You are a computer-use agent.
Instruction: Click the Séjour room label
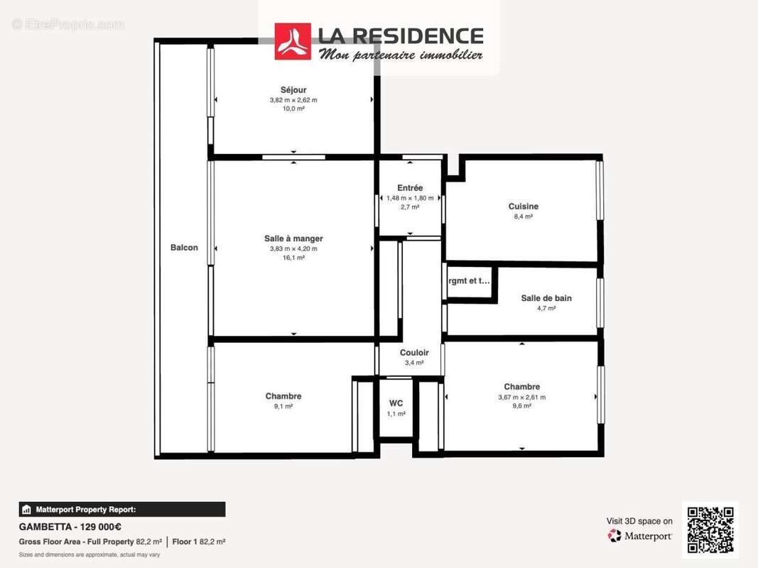(293, 90)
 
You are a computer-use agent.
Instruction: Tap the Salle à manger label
(293, 239)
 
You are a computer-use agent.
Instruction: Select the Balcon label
(184, 248)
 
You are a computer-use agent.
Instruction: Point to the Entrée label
(410, 188)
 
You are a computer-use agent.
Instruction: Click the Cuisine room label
(523, 207)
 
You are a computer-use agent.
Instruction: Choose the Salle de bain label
(546, 298)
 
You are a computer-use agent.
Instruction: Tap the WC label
(396, 403)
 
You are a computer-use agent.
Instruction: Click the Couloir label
(414, 353)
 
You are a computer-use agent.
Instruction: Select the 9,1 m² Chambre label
(283, 396)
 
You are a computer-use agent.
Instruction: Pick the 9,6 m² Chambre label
(521, 387)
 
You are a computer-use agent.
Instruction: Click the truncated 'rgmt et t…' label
(469, 280)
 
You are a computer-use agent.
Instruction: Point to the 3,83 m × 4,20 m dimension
(293, 248)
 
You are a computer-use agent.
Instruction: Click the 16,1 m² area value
(293, 258)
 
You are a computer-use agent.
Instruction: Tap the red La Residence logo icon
(293, 41)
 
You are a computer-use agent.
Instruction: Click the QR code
(710, 530)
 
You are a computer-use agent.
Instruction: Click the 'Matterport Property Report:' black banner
(121, 509)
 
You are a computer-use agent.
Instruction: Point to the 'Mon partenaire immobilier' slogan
(401, 55)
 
